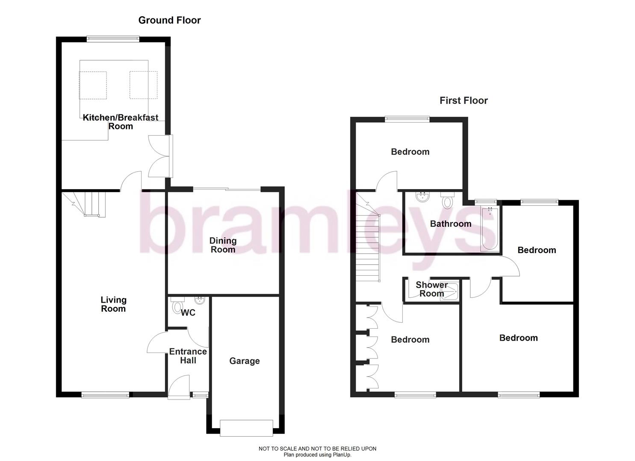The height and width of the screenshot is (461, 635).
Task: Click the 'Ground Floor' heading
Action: (x=169, y=20)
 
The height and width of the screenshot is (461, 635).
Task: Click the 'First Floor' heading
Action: (x=464, y=101)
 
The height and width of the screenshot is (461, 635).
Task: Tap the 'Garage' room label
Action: (x=244, y=361)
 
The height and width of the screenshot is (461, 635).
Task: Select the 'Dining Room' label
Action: (x=223, y=245)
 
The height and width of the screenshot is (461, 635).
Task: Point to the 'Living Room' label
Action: (x=113, y=304)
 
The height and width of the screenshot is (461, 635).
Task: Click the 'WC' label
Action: (x=188, y=313)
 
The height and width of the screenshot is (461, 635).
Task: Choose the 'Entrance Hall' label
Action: (x=188, y=356)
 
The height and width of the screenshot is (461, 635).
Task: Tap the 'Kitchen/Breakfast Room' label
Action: (x=120, y=122)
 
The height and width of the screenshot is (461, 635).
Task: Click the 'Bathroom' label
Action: (x=450, y=224)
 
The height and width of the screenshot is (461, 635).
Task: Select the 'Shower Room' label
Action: (x=431, y=289)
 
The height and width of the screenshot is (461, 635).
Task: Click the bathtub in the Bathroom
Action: (x=490, y=229)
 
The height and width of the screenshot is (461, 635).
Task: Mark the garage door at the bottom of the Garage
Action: (x=246, y=428)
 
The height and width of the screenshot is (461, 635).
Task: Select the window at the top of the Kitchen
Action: (x=113, y=39)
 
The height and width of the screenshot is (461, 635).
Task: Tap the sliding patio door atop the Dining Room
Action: (x=227, y=189)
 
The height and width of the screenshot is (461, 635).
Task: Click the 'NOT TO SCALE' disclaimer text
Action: (x=317, y=449)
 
